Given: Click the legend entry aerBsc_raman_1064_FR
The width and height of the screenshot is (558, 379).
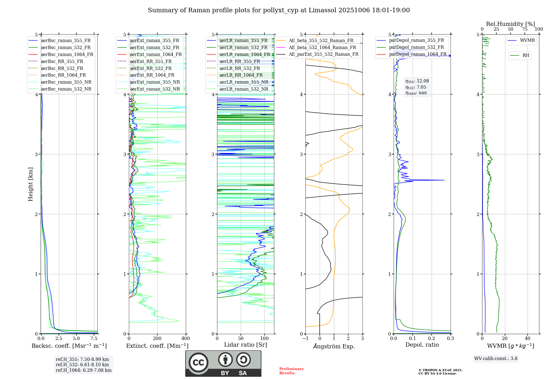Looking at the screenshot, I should (x=67, y=54).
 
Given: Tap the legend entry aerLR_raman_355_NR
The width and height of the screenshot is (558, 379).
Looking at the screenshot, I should (x=244, y=82).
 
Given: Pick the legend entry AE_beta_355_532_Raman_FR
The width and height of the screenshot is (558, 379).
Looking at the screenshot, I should (x=321, y=40).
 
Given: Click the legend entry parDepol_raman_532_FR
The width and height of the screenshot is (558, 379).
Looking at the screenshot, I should (x=416, y=47).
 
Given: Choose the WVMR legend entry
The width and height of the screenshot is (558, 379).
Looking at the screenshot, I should (x=527, y=40).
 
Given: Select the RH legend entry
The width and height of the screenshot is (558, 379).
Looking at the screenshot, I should (x=526, y=55).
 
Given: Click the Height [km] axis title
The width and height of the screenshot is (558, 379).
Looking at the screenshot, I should (x=30, y=184).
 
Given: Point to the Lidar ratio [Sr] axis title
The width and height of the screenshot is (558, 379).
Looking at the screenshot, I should (x=245, y=345).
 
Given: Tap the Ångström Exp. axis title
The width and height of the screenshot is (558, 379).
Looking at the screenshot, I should (x=334, y=346).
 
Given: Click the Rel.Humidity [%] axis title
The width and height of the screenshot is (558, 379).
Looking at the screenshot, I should (x=510, y=24).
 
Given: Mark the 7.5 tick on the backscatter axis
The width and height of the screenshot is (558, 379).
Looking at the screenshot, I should (x=94, y=339).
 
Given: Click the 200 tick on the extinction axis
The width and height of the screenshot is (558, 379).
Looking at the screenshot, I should (x=157, y=339).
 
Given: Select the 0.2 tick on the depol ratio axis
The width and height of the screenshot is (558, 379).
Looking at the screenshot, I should (x=432, y=339).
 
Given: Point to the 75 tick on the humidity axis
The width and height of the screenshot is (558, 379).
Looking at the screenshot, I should (x=525, y=29).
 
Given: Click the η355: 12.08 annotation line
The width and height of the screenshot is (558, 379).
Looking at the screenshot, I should (x=417, y=81).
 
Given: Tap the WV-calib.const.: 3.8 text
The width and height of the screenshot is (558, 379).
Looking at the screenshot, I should (x=496, y=359).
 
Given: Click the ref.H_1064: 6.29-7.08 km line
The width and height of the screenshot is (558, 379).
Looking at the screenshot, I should (x=83, y=370).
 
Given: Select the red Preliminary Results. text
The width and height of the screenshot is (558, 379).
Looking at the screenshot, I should (x=291, y=371).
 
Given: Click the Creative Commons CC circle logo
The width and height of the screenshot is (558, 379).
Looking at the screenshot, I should (x=198, y=363).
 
